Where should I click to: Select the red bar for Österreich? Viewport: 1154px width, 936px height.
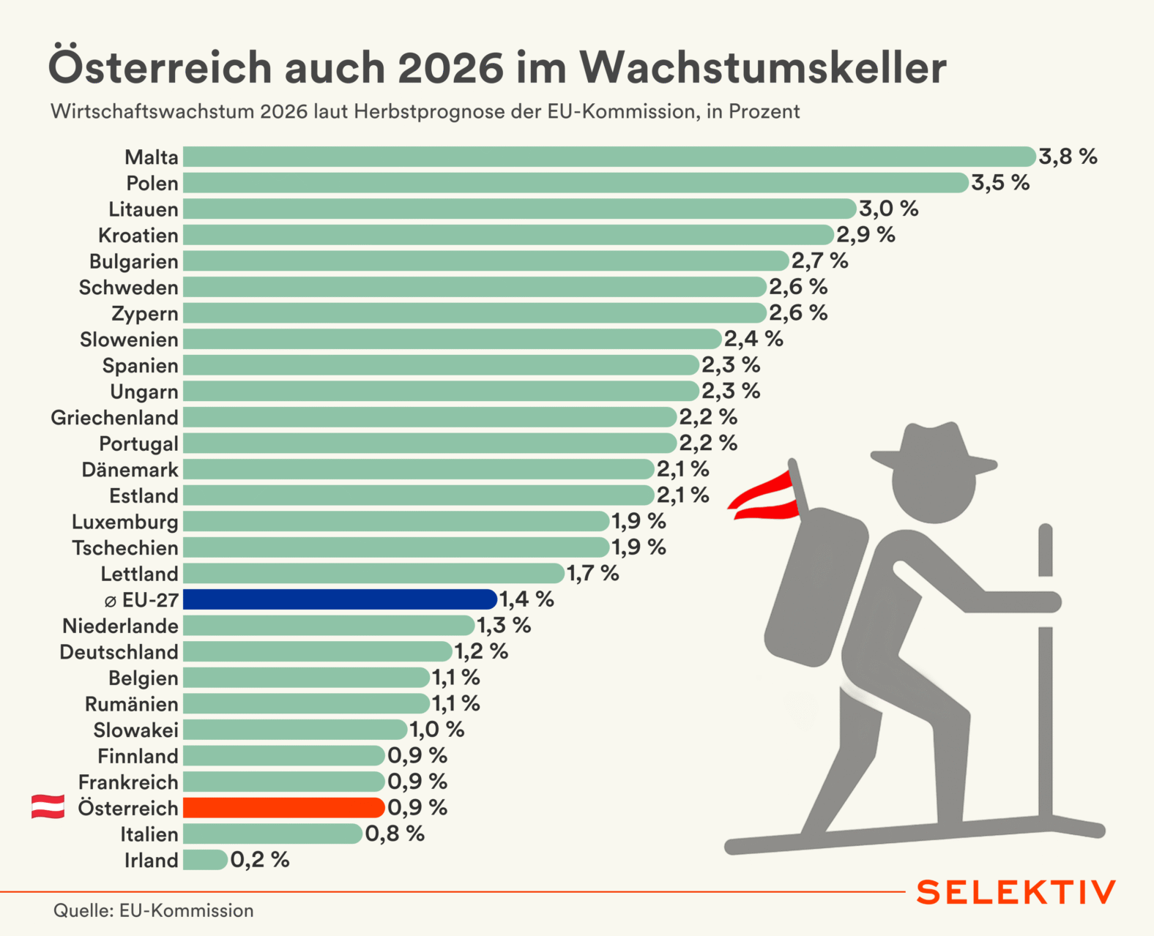coord(284,807)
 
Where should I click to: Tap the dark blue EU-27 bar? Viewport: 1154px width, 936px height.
coord(340,599)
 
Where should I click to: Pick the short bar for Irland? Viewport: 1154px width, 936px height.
coord(205,860)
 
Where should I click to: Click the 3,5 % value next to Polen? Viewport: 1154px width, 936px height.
coord(1000,183)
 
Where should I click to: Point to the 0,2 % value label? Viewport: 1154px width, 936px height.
coord(260,860)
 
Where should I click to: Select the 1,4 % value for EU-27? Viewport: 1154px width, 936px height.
coord(526,599)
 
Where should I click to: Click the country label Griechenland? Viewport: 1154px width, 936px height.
coord(114,417)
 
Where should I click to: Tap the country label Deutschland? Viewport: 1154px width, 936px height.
coord(119,651)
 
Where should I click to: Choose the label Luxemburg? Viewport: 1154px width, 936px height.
coord(124,522)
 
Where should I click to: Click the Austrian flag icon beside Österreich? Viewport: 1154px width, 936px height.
coord(48,806)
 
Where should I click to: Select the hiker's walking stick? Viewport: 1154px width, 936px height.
coord(1045,673)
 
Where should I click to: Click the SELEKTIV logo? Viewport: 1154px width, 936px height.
coord(1016,892)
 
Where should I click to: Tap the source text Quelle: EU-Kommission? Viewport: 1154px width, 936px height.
coord(153,910)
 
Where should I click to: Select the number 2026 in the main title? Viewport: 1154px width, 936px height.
coord(450,67)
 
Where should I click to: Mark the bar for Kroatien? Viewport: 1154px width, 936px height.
coord(508,235)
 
